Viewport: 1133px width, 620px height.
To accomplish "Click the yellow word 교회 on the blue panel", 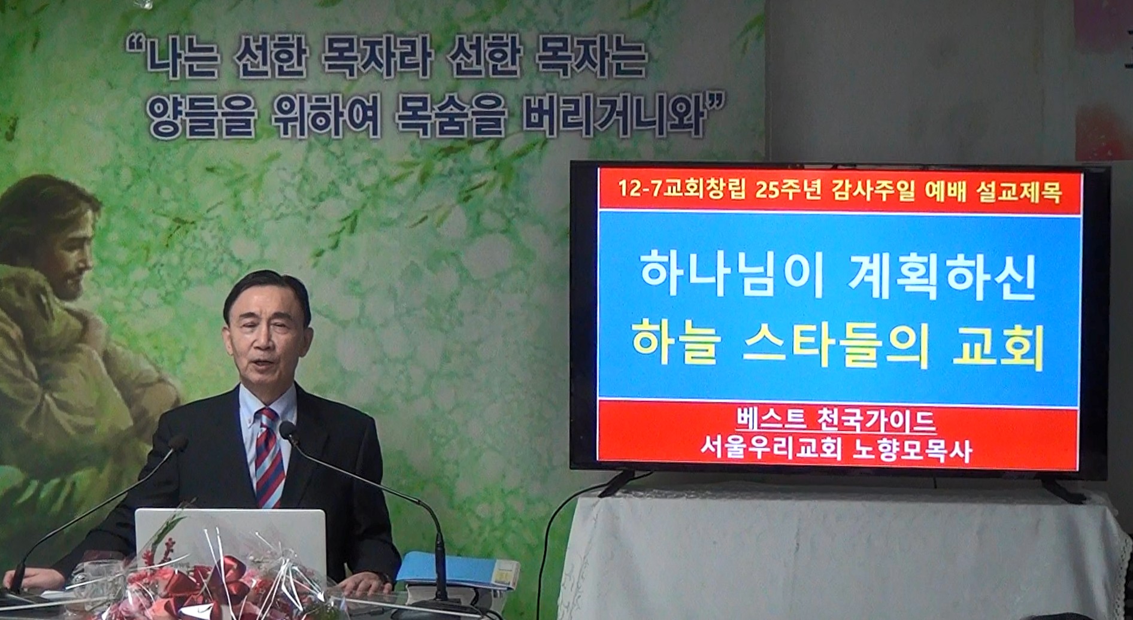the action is [x=998, y=346].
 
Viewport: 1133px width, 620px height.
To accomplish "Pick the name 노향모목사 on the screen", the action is [x=911, y=451].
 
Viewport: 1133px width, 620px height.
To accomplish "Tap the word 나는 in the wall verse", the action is [x=177, y=57].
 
